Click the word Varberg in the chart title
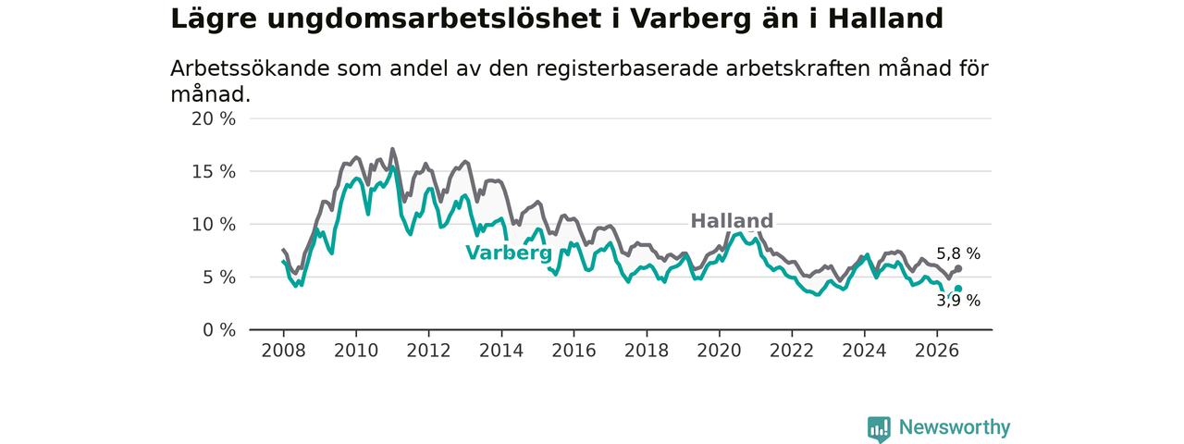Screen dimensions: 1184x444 coord(690,19)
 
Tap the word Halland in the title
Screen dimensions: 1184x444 coord(886,19)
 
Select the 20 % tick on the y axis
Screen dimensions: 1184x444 coord(214,119)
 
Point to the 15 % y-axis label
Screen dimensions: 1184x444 coord(214,172)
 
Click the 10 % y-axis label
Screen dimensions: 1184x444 coord(214,225)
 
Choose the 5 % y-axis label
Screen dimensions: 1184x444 coord(219,277)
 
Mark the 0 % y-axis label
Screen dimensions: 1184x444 coord(219,330)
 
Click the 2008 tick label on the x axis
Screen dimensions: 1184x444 coord(283,351)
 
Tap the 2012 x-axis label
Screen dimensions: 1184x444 coord(428,351)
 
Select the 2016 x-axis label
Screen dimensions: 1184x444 coord(574,351)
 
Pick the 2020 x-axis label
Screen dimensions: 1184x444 coord(719,351)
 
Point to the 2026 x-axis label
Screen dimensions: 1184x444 coord(937,351)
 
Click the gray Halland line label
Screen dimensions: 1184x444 coord(732,221)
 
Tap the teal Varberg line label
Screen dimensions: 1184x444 coord(509,253)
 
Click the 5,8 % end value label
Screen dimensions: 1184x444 coord(958,253)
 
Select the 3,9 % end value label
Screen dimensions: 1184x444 coord(958,301)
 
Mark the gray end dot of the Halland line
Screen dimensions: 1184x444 coord(958,269)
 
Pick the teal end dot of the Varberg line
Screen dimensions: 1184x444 coord(958,289)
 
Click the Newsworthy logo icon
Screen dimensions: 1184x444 coord(879,428)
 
